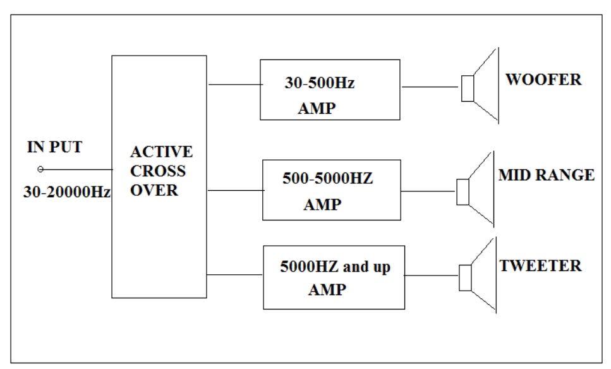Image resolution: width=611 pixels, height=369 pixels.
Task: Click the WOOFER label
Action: click(x=543, y=80)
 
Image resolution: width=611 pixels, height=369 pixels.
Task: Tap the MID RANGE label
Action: click(x=546, y=175)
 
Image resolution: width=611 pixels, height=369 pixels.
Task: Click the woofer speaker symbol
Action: click(x=480, y=87)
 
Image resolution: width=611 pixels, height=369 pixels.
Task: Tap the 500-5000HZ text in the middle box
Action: click(x=327, y=179)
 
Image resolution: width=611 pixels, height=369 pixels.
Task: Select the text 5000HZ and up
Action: click(x=335, y=267)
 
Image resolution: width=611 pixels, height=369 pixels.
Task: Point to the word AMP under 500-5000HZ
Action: click(x=322, y=205)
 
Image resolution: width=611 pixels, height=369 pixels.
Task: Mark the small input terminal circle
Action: click(x=40, y=169)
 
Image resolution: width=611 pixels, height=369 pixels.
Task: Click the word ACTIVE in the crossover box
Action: click(x=161, y=152)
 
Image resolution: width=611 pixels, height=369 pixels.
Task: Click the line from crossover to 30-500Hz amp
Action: click(x=233, y=84)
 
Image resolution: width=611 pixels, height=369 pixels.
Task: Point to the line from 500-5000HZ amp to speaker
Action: click(x=429, y=191)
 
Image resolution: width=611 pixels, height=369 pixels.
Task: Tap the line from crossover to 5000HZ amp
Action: click(x=234, y=274)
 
